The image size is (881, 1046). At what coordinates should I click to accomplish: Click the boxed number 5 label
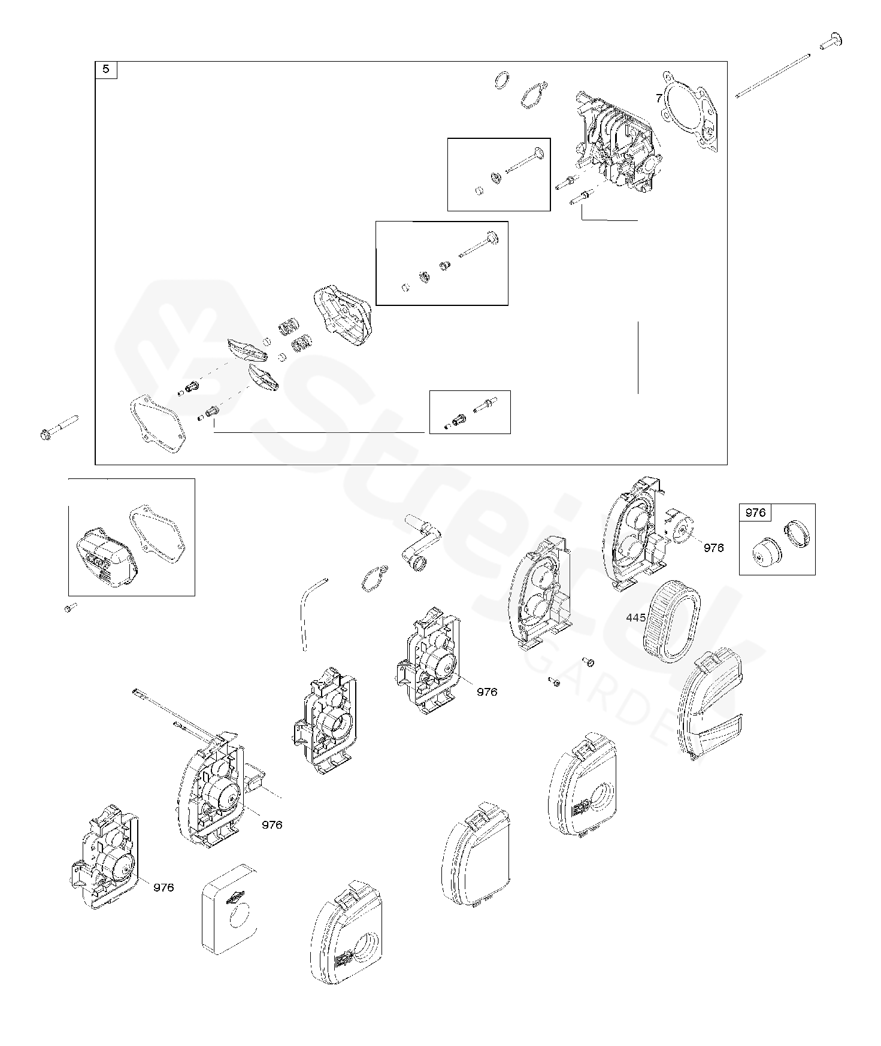tap(106, 69)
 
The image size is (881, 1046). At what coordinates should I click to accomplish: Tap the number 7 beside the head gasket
tap(659, 98)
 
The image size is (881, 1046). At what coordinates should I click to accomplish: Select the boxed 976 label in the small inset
tap(755, 513)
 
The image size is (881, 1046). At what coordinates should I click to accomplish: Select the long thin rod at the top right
tap(773, 76)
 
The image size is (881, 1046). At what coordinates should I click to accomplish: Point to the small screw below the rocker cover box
tap(71, 608)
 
